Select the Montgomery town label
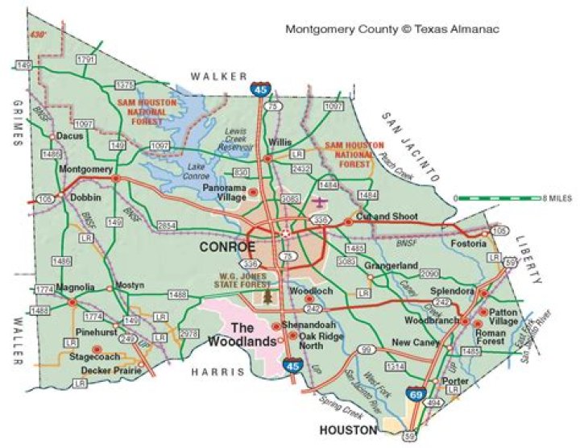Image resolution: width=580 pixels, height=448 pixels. [85, 169]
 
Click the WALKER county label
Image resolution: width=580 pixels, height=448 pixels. [219, 76]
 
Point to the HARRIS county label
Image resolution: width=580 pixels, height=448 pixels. [217, 371]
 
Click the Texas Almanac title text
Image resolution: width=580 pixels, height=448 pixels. [392, 29]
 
